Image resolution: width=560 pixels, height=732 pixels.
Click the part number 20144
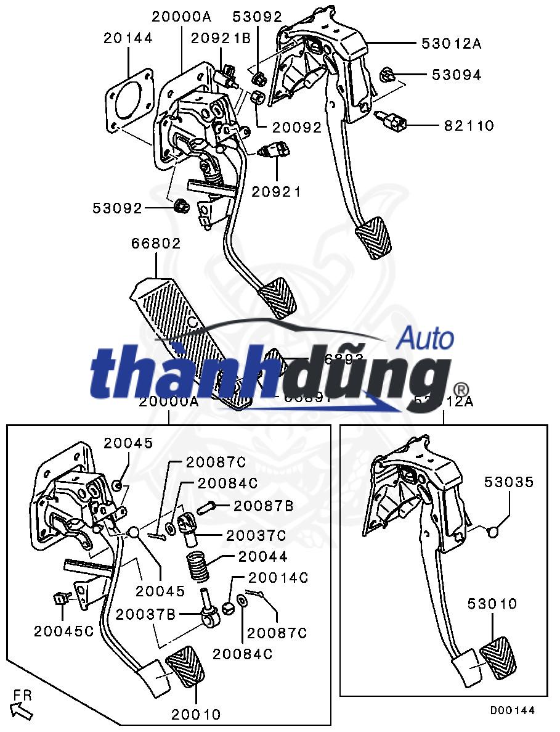(x=128, y=38)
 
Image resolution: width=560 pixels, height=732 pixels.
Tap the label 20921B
(x=221, y=38)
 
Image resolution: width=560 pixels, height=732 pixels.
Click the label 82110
(x=469, y=126)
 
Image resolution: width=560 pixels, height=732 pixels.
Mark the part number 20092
(x=289, y=128)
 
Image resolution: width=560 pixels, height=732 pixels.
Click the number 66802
(x=156, y=244)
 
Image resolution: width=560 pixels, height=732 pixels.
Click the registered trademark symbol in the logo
(x=461, y=390)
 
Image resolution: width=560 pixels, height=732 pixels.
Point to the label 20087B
(x=263, y=506)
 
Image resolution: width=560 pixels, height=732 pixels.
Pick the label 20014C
(x=278, y=578)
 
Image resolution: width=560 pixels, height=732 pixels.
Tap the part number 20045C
(x=64, y=631)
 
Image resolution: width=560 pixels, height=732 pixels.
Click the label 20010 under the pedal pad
(x=196, y=715)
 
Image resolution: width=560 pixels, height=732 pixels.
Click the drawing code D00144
(x=513, y=710)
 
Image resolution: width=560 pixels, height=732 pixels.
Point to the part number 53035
(x=508, y=482)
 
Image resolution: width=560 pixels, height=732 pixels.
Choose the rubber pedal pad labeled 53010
(x=498, y=660)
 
